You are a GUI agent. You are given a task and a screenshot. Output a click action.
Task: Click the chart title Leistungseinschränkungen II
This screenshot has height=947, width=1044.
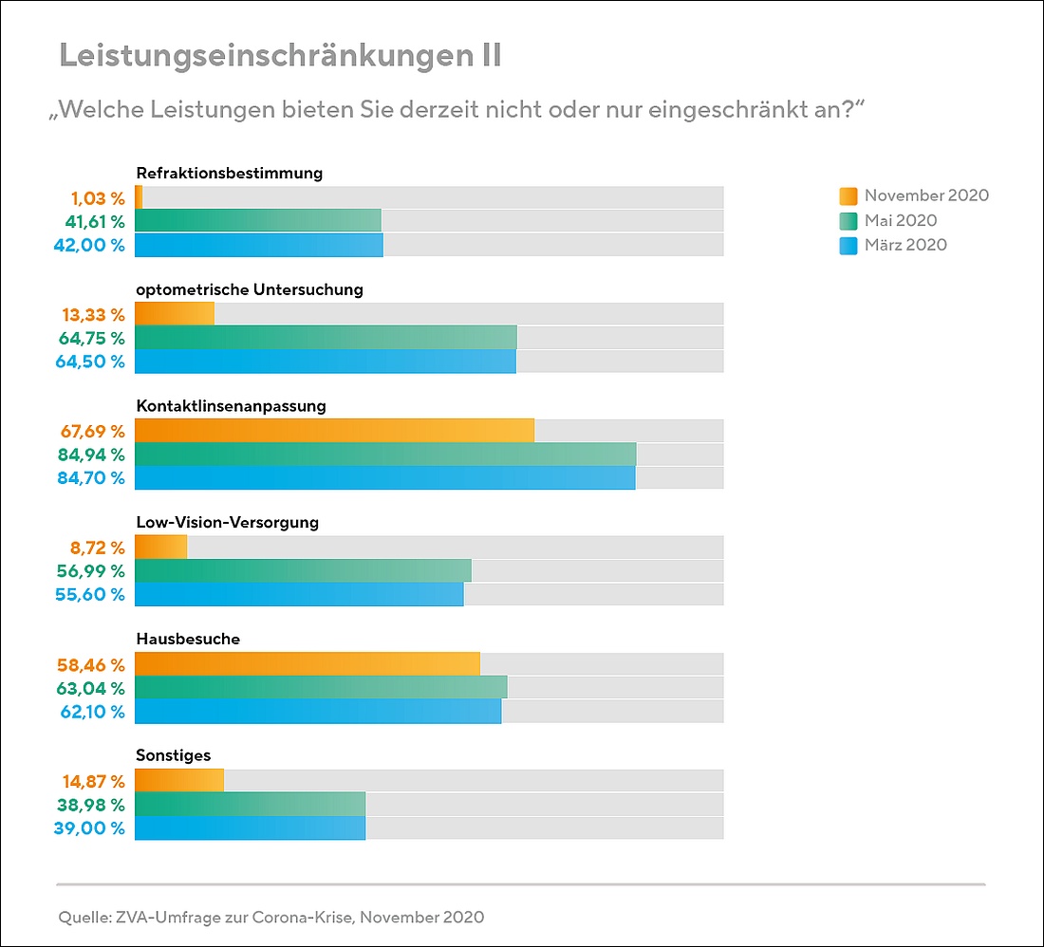coord(280,56)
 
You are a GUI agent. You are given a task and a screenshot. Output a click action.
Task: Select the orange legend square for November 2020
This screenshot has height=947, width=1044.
coord(848,196)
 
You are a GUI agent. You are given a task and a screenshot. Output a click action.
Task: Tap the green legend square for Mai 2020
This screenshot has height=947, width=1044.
coord(848,221)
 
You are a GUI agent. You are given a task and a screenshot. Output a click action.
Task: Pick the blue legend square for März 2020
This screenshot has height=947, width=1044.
coord(848,246)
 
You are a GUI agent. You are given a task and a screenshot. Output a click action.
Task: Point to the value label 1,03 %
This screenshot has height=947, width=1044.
coord(98,198)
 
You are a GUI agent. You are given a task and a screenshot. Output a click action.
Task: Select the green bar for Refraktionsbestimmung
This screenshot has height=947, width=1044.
coord(257,221)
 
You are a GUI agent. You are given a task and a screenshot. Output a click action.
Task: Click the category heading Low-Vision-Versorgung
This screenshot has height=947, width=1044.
coord(227,522)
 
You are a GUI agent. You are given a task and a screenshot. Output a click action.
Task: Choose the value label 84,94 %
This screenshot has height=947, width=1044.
coord(91,455)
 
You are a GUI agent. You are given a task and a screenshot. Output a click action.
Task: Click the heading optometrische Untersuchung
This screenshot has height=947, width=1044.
coord(250,289)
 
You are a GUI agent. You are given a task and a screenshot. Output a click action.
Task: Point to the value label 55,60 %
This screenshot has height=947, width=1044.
coord(91,594)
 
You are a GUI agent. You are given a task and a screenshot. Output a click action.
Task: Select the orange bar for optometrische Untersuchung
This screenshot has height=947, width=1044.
coord(175,314)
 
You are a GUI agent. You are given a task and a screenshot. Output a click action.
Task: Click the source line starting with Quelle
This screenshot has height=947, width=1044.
coord(271,917)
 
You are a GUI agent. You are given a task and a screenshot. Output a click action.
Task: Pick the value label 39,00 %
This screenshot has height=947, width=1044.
coord(91,827)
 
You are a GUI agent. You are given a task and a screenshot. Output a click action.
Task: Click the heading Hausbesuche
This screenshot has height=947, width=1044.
coord(188,639)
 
